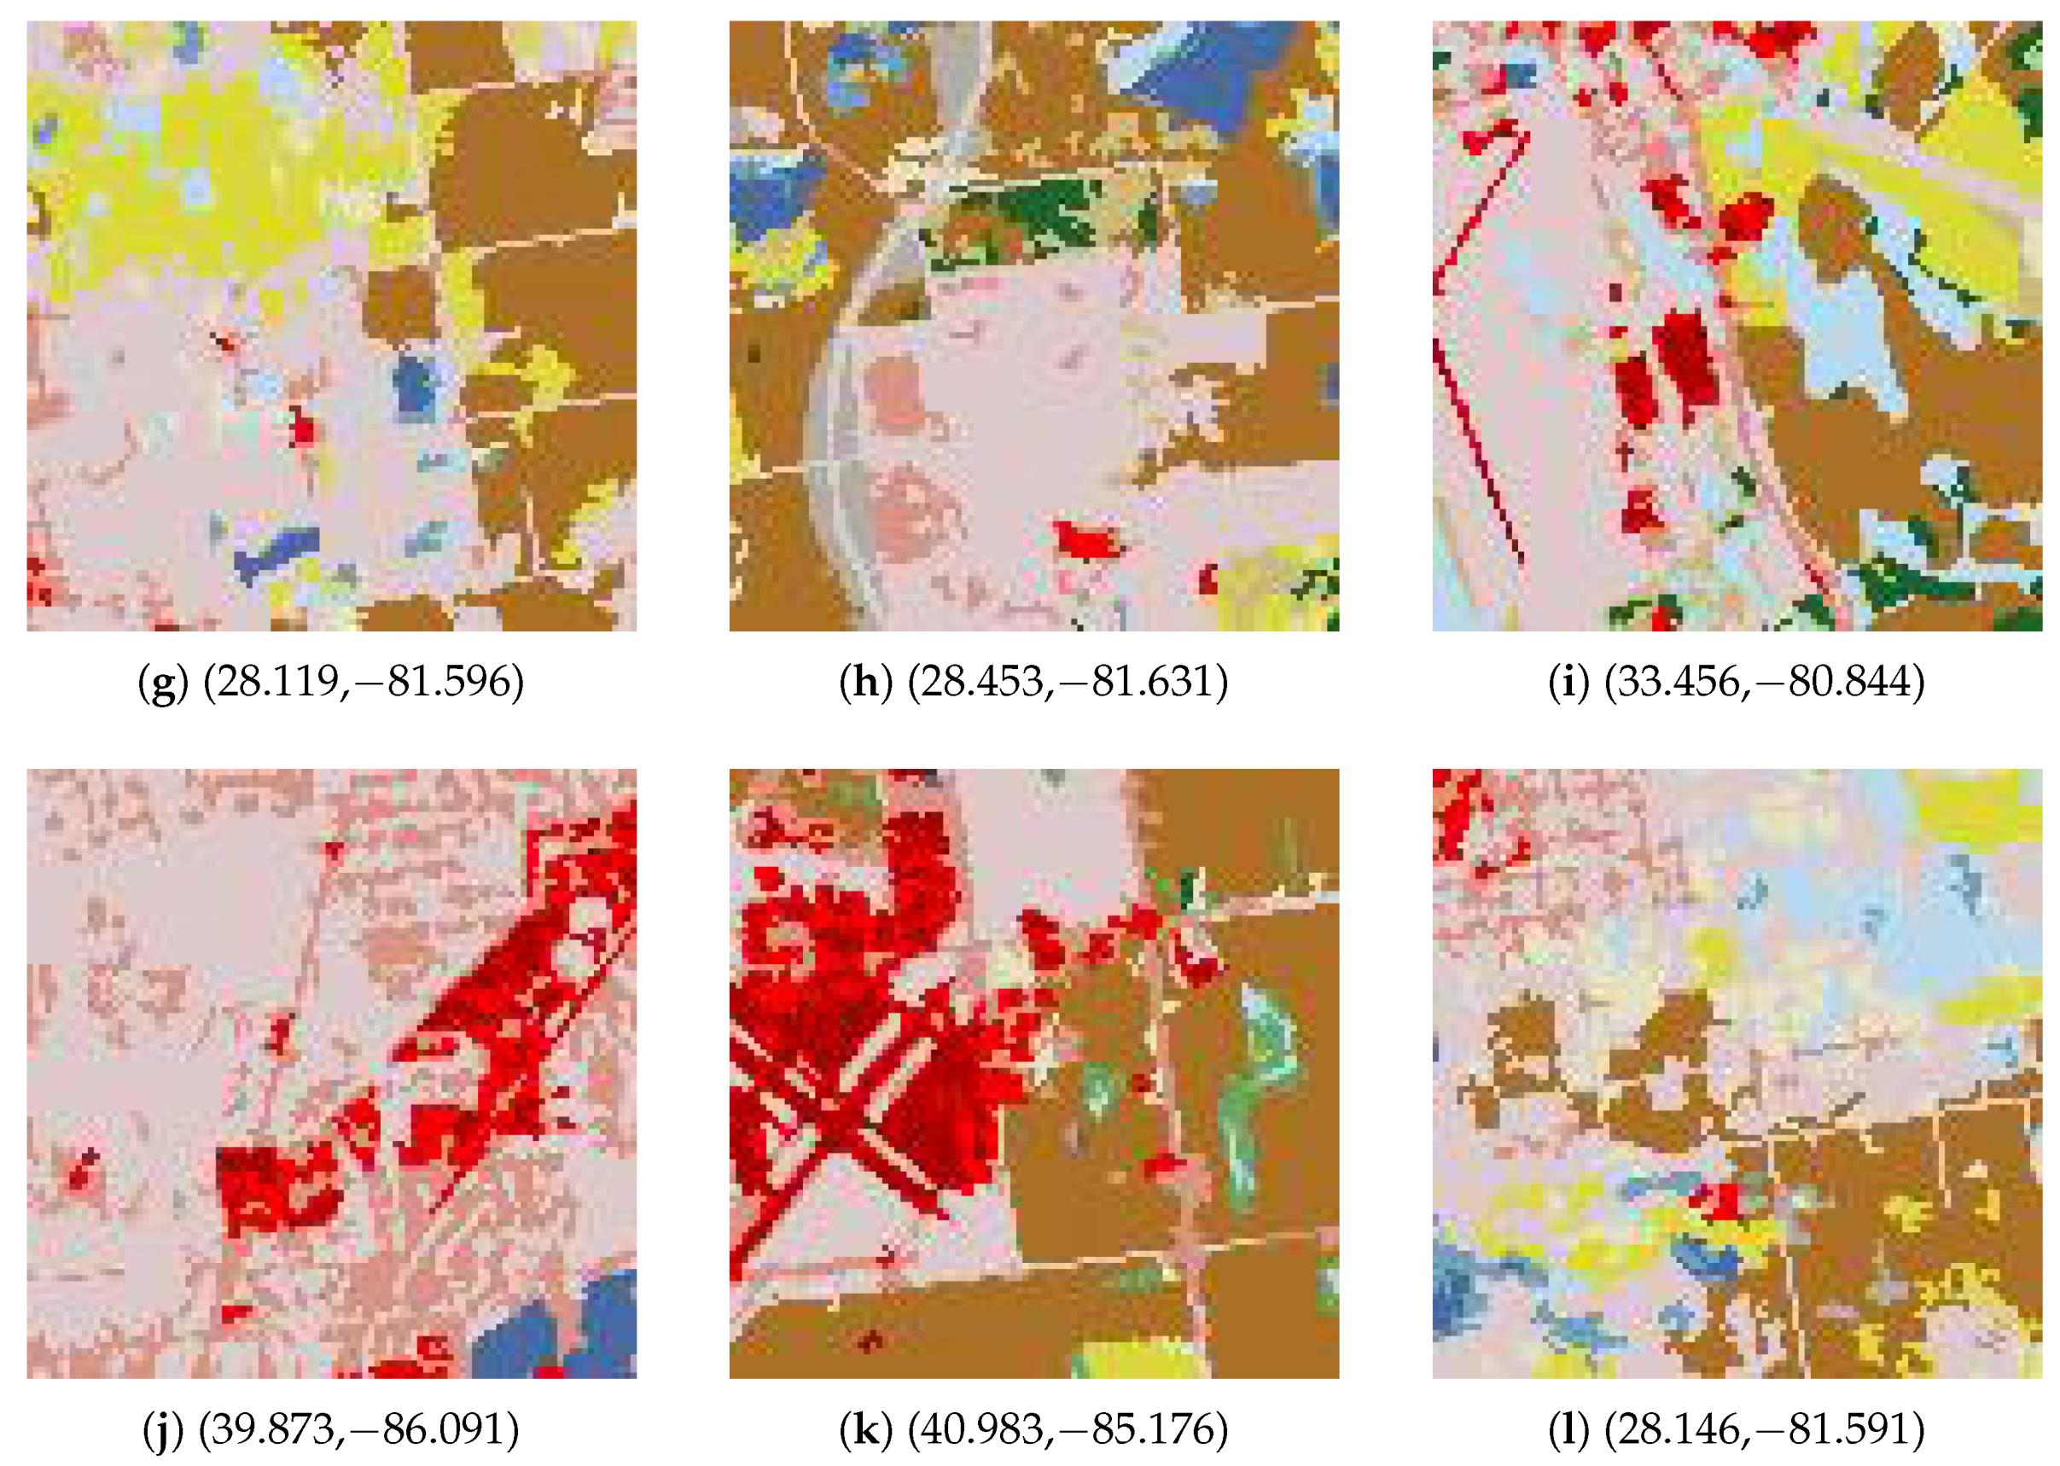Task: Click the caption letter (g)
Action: tap(162, 683)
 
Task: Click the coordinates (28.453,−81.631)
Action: tap(1067, 683)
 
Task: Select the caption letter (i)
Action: tap(1568, 683)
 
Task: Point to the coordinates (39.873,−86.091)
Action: tap(358, 1429)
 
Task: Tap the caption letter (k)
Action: tap(864, 1429)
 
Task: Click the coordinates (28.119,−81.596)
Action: tap(363, 683)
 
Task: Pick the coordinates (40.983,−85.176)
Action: tap(1067, 1429)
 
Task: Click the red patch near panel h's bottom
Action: tap(1088, 540)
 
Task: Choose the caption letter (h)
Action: tap(864, 683)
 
